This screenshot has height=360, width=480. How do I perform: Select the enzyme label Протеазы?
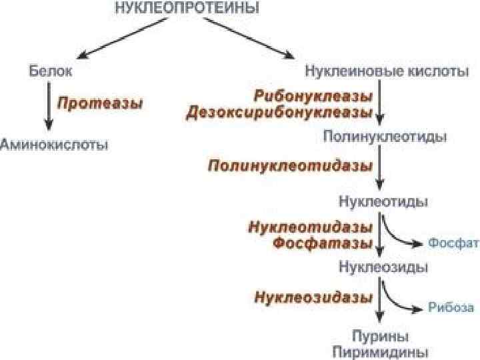(100, 103)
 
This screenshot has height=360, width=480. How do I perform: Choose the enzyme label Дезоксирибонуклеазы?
(280, 112)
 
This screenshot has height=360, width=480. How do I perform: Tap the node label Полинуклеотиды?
(385, 137)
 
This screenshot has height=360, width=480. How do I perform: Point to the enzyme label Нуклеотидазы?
(310, 227)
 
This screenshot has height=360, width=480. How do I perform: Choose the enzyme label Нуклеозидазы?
(312, 297)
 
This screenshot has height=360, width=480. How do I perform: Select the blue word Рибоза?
(451, 308)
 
